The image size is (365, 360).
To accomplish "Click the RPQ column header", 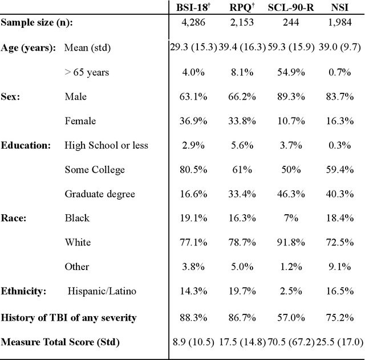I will point(241,7).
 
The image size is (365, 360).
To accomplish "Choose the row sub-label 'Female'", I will point(80,121).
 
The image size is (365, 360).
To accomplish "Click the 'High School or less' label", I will point(106,145).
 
